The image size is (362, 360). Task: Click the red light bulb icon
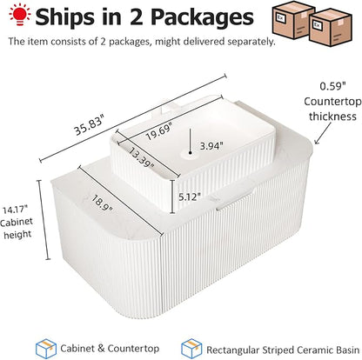click(x=19, y=14)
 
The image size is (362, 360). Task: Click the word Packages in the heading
click(x=202, y=17)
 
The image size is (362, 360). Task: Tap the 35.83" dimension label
click(x=89, y=125)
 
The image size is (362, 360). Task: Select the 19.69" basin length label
click(x=159, y=131)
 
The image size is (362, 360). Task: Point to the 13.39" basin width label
click(x=141, y=158)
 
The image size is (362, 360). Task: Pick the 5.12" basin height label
click(x=190, y=197)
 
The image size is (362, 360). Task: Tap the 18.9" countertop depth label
click(x=102, y=203)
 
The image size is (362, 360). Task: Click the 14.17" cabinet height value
click(x=15, y=210)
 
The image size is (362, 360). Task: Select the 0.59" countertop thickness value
click(x=333, y=86)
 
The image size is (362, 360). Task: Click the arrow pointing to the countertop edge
click(x=323, y=133)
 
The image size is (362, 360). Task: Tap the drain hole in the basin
click(x=191, y=154)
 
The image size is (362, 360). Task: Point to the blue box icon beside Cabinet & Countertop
click(x=46, y=349)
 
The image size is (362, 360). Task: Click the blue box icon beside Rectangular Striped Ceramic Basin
click(x=191, y=349)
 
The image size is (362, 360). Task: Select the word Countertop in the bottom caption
click(x=133, y=349)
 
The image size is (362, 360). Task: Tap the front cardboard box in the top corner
click(x=330, y=28)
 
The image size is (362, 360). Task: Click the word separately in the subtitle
click(x=251, y=42)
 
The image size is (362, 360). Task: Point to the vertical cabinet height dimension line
click(x=44, y=220)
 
